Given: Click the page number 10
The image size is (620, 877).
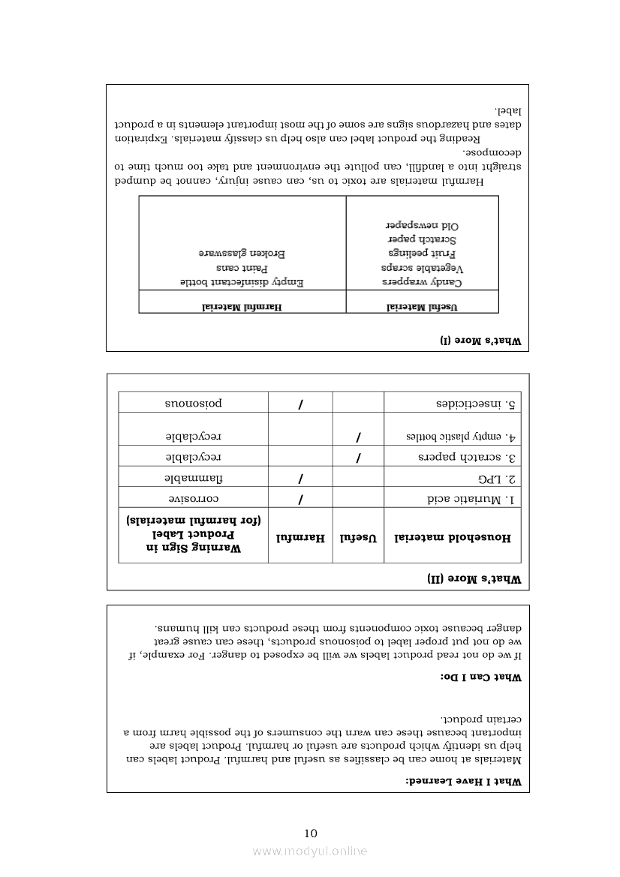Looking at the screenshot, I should coord(311,833).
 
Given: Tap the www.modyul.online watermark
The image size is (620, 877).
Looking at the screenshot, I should coord(310,851).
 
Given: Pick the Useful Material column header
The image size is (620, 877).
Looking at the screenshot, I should coord(423,306).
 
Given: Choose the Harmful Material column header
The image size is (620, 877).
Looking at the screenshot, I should coord(242,306).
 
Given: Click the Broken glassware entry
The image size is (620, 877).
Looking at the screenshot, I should coord(242,254).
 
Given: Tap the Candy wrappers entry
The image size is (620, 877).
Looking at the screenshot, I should coord(423,282).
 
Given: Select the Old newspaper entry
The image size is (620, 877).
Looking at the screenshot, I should coord(423,225).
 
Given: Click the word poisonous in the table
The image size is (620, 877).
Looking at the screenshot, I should coord(194,403).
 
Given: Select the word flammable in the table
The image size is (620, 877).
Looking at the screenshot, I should coord(194,478).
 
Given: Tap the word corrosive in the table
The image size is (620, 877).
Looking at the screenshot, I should coord(194,499).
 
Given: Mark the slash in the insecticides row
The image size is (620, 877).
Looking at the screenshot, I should coord(300,404).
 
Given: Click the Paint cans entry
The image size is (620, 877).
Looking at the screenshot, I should coord(242,268).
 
